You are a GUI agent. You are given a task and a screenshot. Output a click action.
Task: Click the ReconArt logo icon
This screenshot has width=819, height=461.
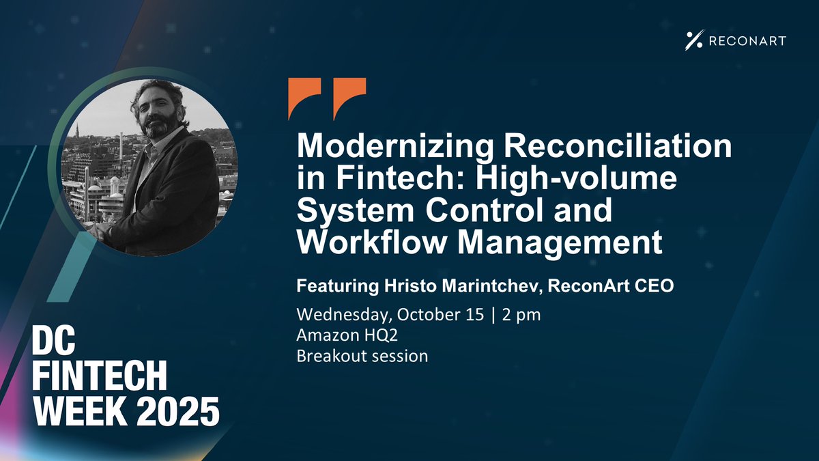point(693,41)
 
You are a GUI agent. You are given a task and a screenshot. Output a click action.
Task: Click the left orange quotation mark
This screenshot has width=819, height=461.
point(304,98)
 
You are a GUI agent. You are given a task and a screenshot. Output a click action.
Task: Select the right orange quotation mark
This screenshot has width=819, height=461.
point(349,98)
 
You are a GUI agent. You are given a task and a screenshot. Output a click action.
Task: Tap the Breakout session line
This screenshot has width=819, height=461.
point(362,356)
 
